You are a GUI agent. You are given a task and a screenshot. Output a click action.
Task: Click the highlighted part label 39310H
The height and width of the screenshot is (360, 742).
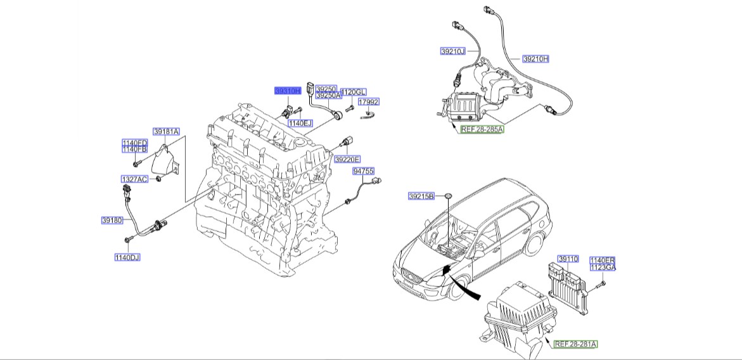287,91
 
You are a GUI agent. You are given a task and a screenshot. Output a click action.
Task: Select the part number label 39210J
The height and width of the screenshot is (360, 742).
452,51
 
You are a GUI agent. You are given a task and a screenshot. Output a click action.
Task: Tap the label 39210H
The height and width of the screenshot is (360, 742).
535,59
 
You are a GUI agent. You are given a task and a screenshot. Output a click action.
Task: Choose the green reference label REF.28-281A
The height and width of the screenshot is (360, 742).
576,344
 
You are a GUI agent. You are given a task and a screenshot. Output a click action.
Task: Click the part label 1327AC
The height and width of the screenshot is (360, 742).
134,179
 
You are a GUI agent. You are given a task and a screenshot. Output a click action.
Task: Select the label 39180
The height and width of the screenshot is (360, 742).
112,221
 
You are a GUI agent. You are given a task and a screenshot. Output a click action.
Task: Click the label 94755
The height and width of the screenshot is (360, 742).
364,171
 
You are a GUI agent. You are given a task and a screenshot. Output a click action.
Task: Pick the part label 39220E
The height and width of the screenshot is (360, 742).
347,159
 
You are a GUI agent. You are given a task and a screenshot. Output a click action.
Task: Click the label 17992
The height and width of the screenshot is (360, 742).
369,101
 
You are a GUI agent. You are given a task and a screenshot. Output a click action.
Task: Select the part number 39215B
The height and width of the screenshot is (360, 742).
421,197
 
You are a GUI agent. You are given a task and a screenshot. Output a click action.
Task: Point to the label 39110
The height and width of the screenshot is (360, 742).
568,260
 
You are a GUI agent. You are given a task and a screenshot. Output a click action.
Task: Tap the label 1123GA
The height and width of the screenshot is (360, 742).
603,267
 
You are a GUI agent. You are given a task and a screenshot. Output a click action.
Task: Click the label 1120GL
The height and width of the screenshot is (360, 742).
354,92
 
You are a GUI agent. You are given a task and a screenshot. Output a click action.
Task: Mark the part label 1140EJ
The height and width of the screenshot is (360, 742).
300,123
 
